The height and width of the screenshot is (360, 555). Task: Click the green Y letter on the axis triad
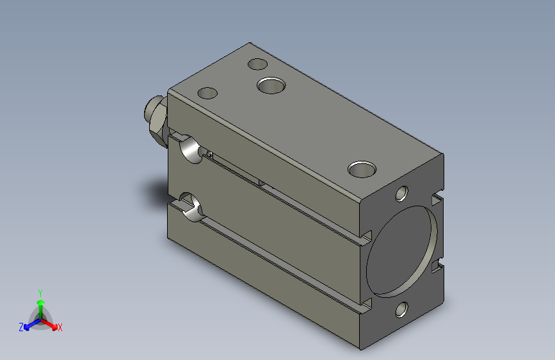40,293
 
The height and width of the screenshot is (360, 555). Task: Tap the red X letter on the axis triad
60,327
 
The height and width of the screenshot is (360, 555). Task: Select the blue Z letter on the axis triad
21,327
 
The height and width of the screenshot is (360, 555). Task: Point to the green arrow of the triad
41,309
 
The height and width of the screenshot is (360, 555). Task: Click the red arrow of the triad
49,324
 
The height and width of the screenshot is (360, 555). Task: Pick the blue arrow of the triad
33,324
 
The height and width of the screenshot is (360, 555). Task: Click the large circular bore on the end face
401,251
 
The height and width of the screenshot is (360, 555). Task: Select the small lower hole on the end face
401,309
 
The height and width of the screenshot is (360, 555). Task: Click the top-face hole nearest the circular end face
362,169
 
